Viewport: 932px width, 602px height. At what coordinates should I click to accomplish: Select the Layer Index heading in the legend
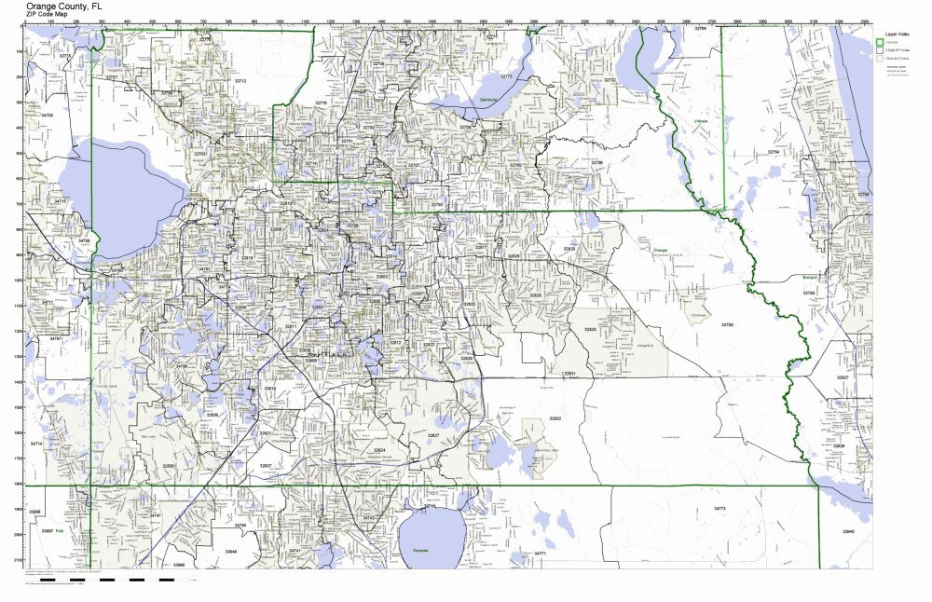[x=898, y=33]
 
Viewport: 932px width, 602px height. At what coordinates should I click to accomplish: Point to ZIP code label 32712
[x=240, y=81]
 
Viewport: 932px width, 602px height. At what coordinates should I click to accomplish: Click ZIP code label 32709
[x=727, y=324]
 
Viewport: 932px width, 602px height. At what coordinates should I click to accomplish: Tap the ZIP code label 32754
[x=772, y=151]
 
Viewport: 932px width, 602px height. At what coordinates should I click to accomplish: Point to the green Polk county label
[x=59, y=529]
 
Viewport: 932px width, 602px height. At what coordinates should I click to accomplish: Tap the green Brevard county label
[x=809, y=277]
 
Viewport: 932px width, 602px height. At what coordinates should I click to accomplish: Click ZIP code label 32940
[x=847, y=531]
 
